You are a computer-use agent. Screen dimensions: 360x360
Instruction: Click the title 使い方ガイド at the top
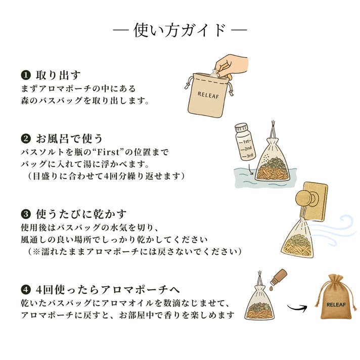(x=179, y=30)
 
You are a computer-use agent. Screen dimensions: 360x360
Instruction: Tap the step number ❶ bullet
(x=26, y=75)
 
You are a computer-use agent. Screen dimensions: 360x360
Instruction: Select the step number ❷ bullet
(x=26, y=139)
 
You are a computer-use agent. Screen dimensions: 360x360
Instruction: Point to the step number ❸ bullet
(x=26, y=214)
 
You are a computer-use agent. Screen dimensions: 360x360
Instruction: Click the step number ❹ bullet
(x=26, y=290)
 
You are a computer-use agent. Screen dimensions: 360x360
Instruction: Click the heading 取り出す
(x=58, y=75)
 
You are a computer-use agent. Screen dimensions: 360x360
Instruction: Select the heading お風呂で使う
(x=69, y=139)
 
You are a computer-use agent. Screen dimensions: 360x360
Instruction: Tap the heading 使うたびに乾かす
(x=81, y=214)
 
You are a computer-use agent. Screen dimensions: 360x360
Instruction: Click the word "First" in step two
(x=108, y=152)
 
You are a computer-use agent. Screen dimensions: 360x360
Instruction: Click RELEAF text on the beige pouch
(x=208, y=95)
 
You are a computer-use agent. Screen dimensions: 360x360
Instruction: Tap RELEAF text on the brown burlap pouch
(x=336, y=305)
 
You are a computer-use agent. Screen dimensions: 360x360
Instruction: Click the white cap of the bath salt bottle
(x=242, y=127)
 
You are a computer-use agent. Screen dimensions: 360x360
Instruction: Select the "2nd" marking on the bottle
(x=247, y=149)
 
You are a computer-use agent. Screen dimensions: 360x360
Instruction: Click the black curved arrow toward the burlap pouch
(x=297, y=307)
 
